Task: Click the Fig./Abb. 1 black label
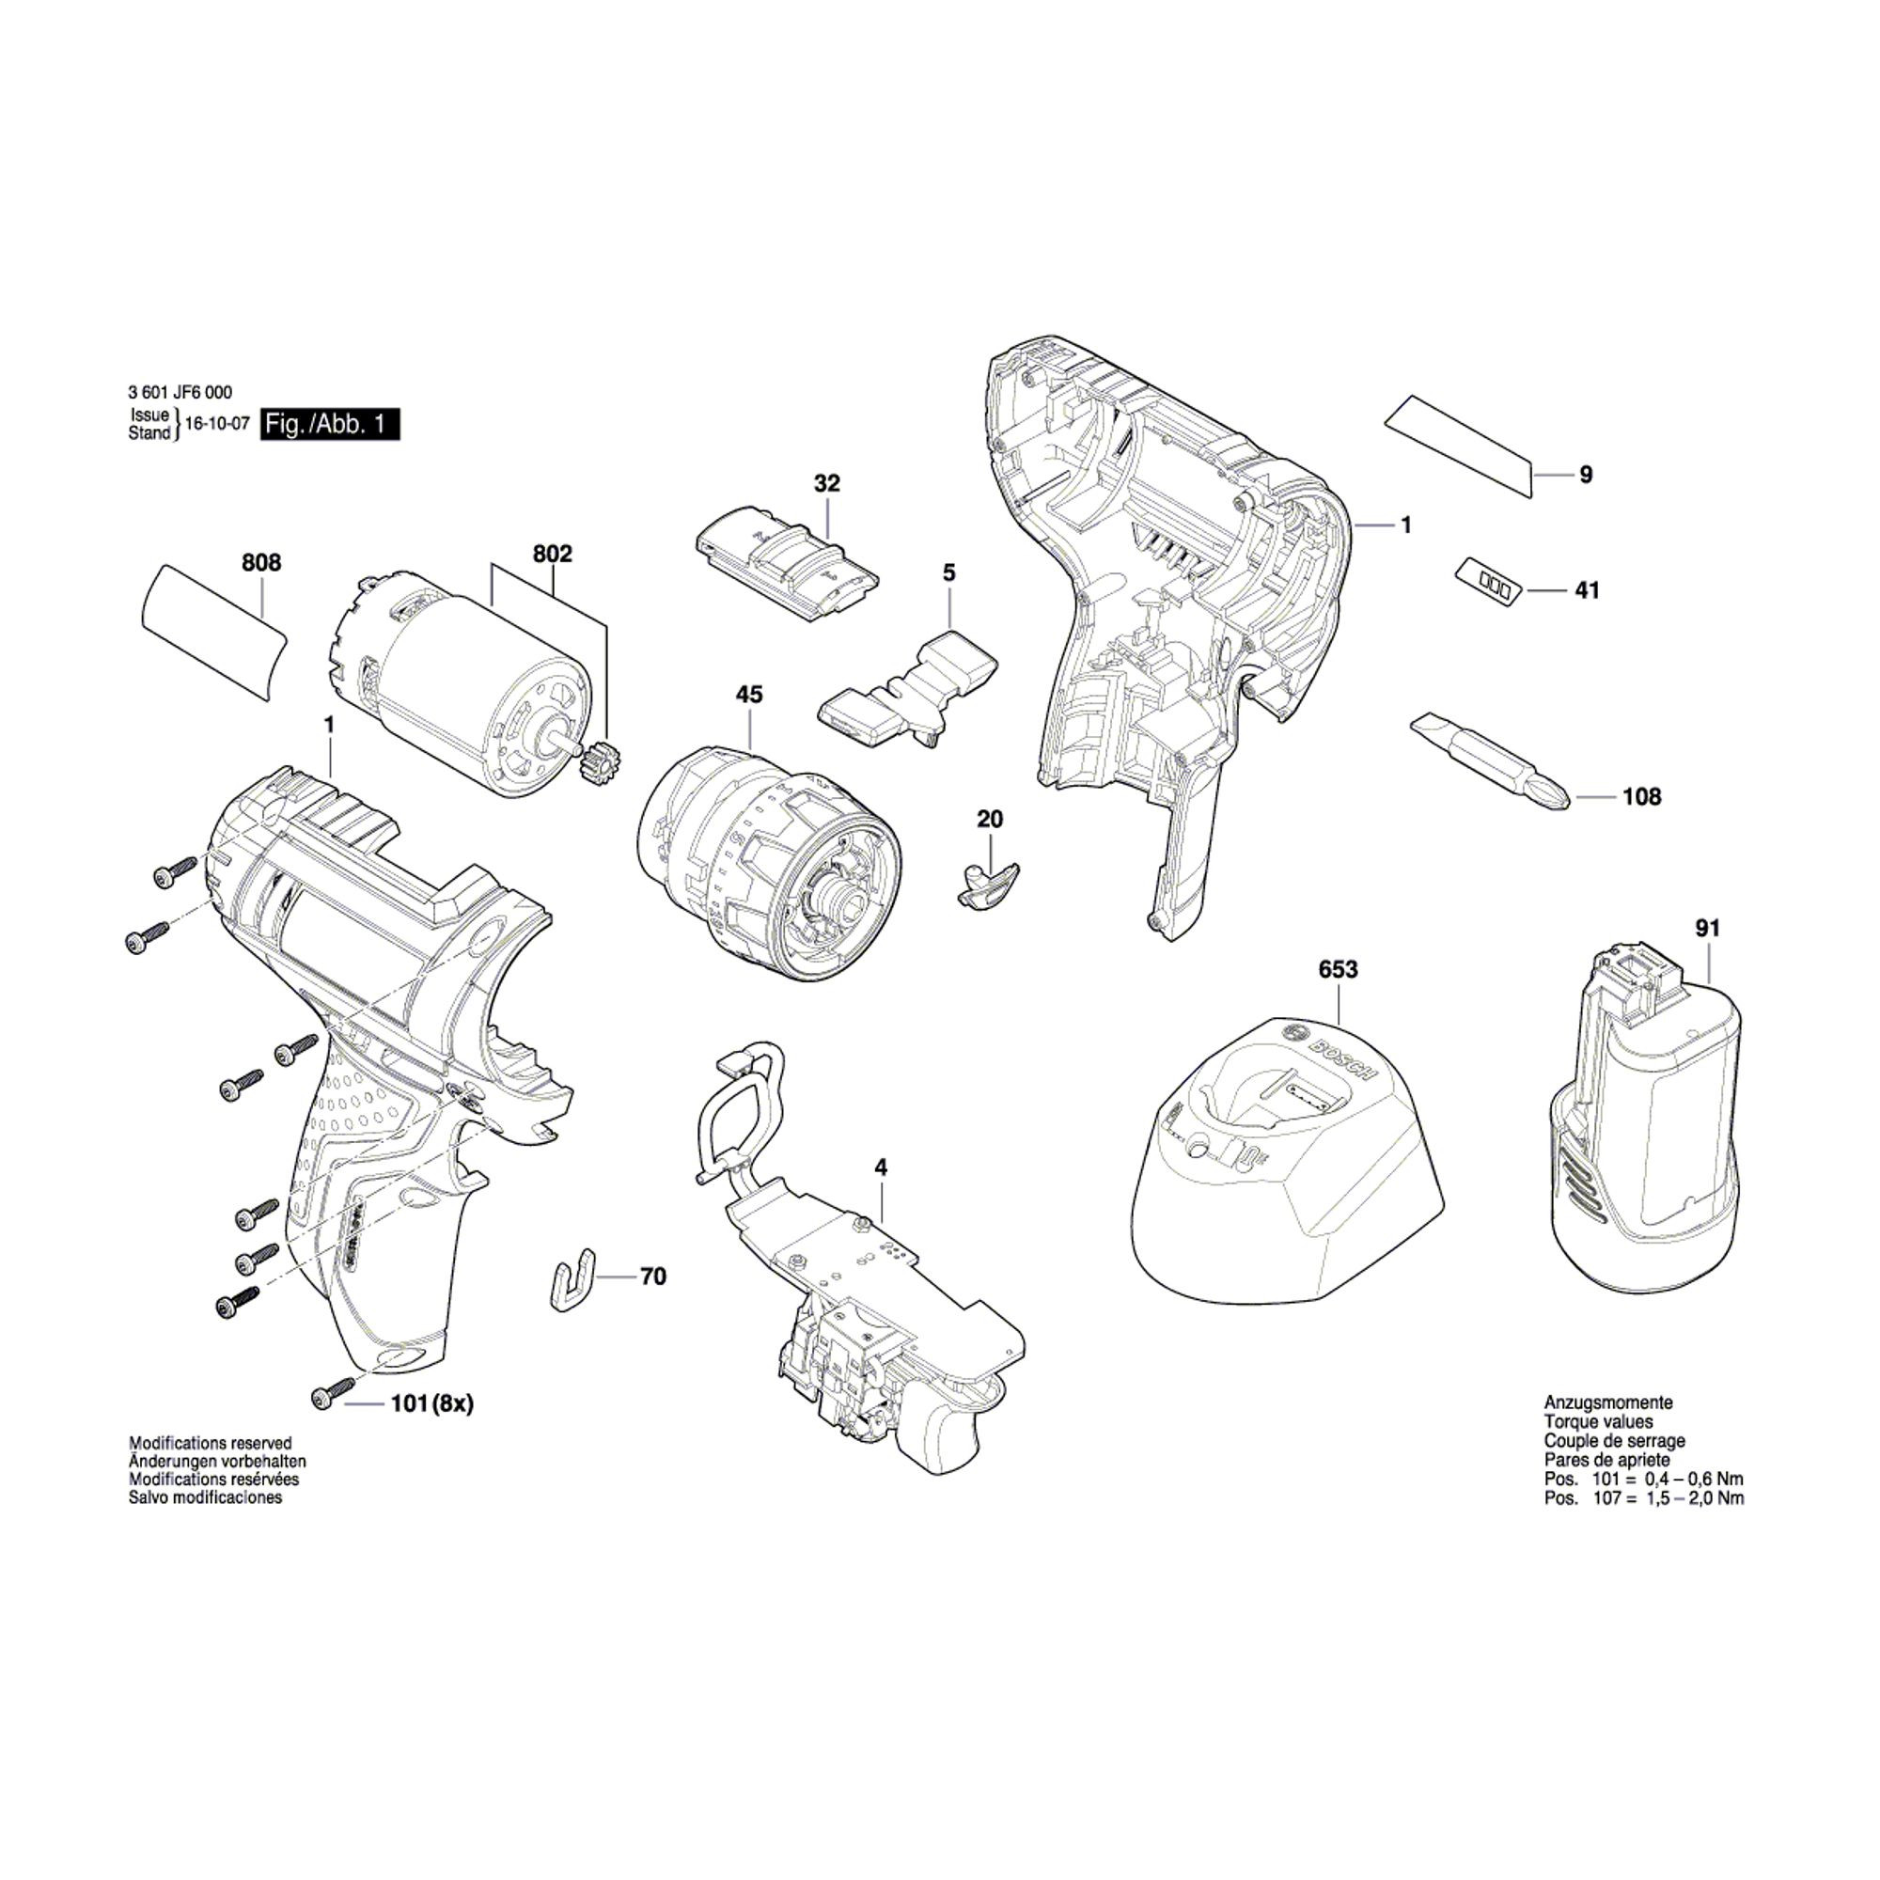[x=330, y=425]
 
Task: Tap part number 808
[x=260, y=562]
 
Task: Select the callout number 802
[x=553, y=554]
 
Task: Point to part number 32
[x=827, y=483]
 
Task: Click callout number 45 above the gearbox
[x=749, y=695]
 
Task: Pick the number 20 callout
[x=990, y=820]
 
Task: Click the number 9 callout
[x=1586, y=475]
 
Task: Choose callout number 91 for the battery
[x=1708, y=929]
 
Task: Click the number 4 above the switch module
[x=881, y=1167]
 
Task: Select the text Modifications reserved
[x=211, y=1443]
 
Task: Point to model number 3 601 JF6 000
[x=180, y=392]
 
